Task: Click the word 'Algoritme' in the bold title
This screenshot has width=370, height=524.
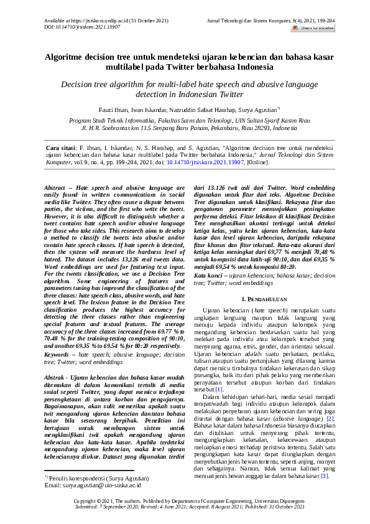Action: pos(67,57)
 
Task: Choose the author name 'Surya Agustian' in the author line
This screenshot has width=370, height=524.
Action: pos(231,110)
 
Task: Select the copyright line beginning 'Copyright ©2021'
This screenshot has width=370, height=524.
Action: pos(184,501)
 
